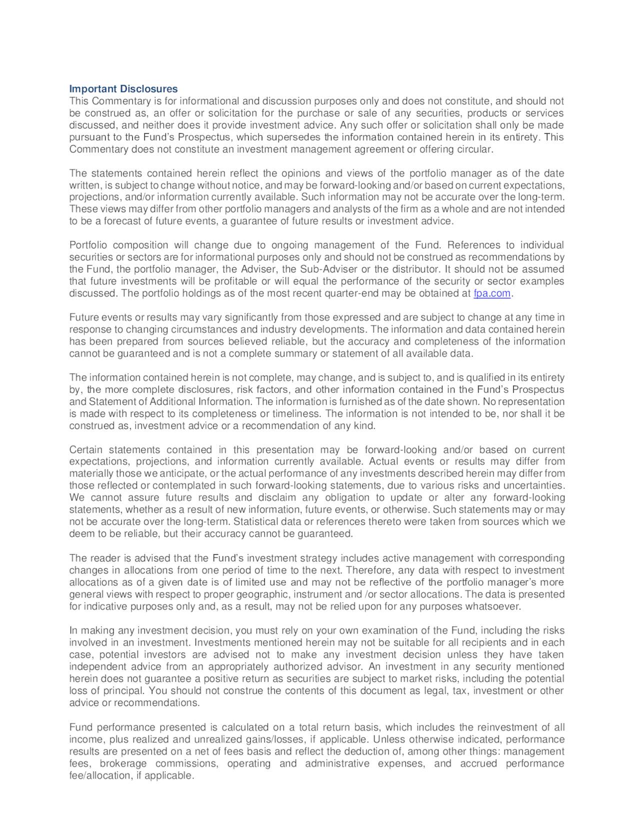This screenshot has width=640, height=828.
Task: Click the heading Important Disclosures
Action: [x=123, y=89]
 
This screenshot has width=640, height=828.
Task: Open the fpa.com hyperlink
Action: [x=491, y=293]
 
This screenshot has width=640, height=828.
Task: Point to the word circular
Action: [x=475, y=149]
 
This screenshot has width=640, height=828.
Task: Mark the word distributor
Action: [x=410, y=269]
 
